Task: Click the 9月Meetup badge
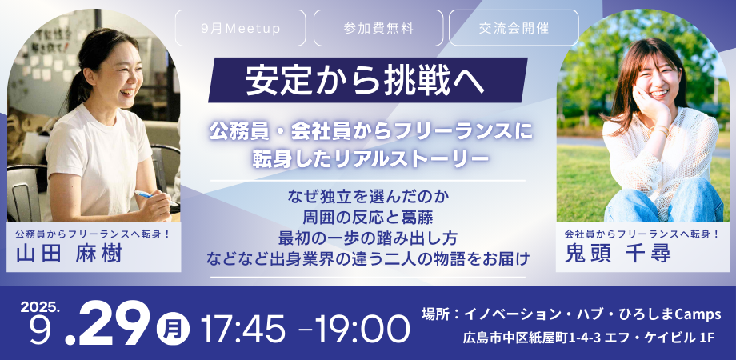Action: pos(240,28)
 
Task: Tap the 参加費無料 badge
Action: pos(378,28)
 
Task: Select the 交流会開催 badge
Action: pos(514,28)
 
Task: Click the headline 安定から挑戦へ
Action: pos(365,80)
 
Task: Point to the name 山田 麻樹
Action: pos(69,254)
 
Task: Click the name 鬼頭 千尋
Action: pos(618,254)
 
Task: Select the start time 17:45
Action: pos(242,328)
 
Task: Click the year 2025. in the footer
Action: pos(40,307)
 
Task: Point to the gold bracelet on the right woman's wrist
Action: pos(659,129)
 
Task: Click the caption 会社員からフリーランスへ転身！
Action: pos(642,233)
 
